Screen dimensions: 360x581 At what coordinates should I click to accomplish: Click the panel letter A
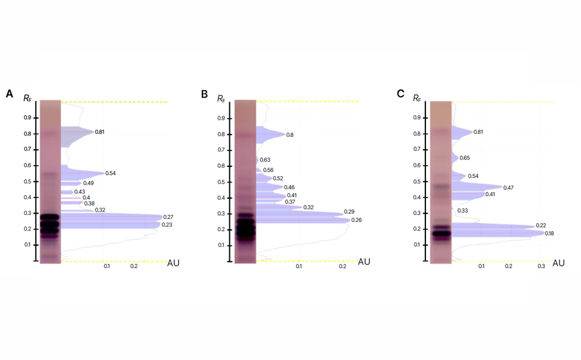[x=9, y=94]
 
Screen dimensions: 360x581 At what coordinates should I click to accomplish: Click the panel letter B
[x=204, y=94]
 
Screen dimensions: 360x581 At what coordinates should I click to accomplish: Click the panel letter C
[x=400, y=94]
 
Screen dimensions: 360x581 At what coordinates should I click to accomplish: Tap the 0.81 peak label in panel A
[x=100, y=132]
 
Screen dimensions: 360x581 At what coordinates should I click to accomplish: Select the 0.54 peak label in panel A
[x=110, y=173]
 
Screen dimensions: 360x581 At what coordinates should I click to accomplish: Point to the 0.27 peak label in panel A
[x=168, y=217]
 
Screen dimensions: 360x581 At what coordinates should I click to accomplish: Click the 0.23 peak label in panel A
[x=167, y=225]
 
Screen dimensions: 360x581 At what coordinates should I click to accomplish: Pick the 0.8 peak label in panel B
[x=290, y=135]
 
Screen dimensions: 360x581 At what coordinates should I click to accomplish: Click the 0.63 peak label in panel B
[x=265, y=160]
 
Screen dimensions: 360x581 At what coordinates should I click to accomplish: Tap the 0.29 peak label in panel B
[x=349, y=212]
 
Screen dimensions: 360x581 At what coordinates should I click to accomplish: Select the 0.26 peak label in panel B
[x=356, y=220]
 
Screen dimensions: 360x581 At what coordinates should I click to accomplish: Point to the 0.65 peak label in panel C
[x=465, y=158]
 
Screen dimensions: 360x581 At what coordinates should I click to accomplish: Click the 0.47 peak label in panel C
[x=509, y=187]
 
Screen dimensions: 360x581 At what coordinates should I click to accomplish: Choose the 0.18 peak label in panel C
[x=549, y=234]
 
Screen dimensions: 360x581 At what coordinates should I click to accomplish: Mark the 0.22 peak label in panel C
[x=541, y=226]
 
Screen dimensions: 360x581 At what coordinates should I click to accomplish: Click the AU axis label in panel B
[x=364, y=262]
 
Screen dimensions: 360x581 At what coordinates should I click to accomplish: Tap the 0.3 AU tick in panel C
[x=541, y=266]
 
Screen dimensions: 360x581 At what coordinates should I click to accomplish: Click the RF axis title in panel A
[x=27, y=98]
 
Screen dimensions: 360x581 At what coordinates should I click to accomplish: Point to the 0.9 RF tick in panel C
[x=417, y=117]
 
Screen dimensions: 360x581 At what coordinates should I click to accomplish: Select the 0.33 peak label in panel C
[x=462, y=211]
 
